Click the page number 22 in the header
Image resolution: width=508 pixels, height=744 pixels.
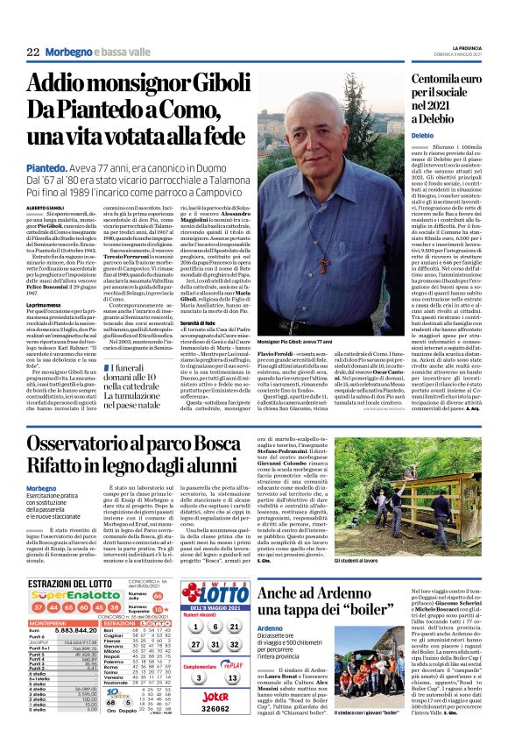click(33, 52)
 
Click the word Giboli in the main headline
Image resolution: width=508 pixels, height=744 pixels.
click(204, 84)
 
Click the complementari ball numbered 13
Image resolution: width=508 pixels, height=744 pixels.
click(233, 677)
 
